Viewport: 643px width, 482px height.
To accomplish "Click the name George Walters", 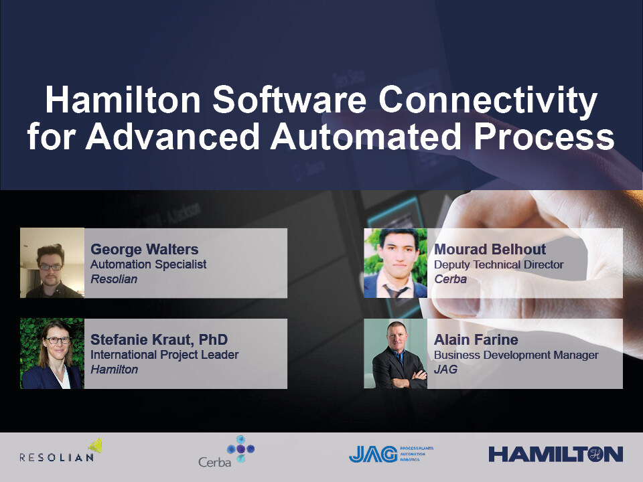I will coord(144,250).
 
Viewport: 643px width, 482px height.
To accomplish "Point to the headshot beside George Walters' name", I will coord(52,263).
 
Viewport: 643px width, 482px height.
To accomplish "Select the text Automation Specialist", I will coord(148,264).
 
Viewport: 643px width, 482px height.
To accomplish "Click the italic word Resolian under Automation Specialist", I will coord(114,278).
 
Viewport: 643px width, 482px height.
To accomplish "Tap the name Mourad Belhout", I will coord(490,250).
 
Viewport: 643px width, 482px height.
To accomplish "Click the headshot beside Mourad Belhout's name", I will coord(395,263).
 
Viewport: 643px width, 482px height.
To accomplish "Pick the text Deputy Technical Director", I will coord(498,264).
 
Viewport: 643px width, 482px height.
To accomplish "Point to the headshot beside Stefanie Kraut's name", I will coord(52,353).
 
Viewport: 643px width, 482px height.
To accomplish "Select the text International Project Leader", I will coord(164,355).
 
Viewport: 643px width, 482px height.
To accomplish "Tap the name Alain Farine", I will coord(476,340).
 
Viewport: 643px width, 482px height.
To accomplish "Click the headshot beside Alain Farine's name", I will coord(395,353).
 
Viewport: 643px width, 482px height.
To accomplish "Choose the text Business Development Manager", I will coord(516,355).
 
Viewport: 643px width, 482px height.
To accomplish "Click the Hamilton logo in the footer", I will coord(555,454).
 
